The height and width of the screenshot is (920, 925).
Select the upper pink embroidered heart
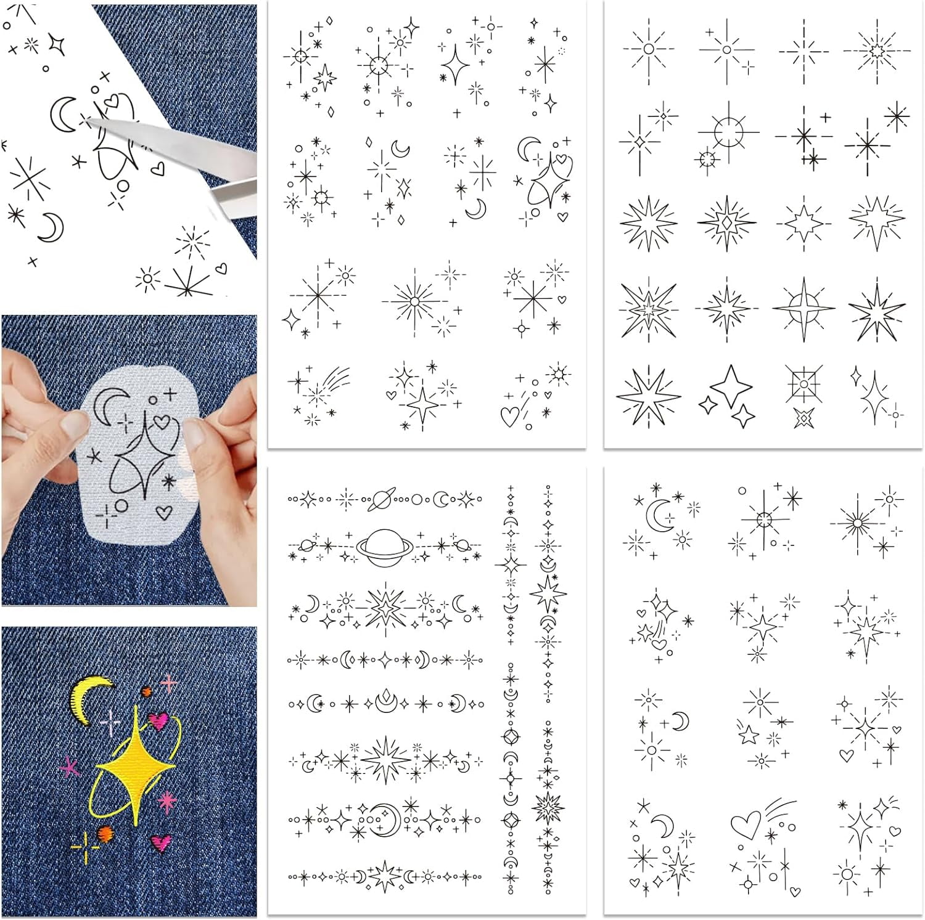[x=158, y=720]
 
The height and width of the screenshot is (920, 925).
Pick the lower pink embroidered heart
[x=162, y=841]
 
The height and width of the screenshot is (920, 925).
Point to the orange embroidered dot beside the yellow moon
[x=147, y=691]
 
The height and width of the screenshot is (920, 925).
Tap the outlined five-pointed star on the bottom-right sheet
[x=748, y=734]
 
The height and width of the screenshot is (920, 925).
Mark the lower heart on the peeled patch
[x=163, y=511]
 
